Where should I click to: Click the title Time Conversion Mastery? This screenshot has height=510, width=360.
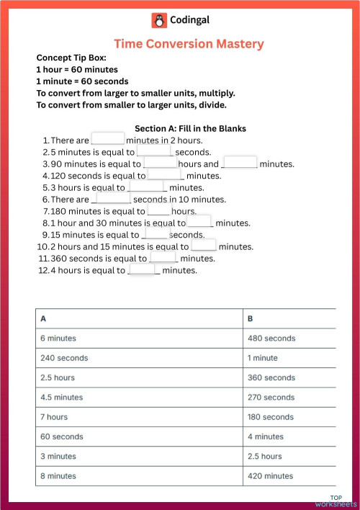189,44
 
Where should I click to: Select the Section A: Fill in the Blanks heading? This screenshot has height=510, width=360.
190,128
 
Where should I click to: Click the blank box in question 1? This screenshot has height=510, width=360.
108,139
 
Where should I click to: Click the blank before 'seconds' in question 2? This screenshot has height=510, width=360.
154,151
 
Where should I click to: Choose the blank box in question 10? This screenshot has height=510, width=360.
204,245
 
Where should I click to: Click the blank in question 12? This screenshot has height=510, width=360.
143,269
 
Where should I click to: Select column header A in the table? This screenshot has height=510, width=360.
44,318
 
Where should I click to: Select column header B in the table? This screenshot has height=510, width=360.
251,318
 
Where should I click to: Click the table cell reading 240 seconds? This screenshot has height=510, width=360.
64,357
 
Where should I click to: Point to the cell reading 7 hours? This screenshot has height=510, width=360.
54,416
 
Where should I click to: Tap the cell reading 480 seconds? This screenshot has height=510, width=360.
271,338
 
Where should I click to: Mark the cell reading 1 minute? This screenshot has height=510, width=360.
264,357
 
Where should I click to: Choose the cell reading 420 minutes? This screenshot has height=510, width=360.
270,475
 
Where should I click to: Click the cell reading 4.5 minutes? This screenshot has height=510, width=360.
62,397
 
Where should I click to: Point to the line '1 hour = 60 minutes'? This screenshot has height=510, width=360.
76,70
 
